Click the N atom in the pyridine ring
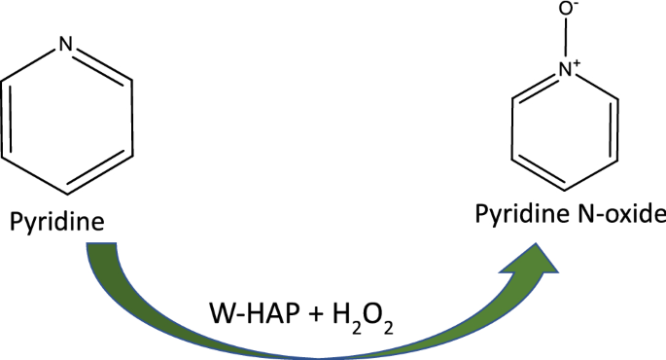pos(66,44)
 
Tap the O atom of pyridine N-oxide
pos(565,10)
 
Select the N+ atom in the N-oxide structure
pos(565,69)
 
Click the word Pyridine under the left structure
pos(57,222)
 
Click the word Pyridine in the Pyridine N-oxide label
pos(522,215)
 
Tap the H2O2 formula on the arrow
pos(363,316)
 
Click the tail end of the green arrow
pos(101,243)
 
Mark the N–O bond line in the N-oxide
pos(565,38)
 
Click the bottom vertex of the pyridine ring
pos(67,195)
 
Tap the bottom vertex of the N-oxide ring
pos(565,191)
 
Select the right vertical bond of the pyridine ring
pos(131,118)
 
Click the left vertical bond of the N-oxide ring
pos(512,129)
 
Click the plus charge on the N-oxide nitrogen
pos(577,64)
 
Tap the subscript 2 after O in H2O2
pos(388,328)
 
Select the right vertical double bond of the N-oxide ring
pos(614,129)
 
